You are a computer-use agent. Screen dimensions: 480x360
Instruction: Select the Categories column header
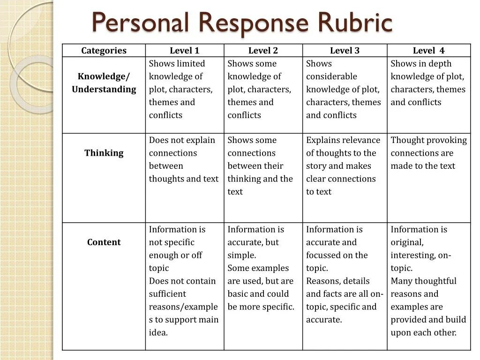tap(104, 51)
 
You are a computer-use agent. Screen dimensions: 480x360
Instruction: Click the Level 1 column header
tap(184, 51)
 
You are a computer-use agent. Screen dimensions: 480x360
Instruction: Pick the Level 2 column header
tap(263, 51)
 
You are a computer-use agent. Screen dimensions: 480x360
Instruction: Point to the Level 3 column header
tap(345, 51)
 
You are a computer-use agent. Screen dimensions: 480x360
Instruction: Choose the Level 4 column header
tap(428, 51)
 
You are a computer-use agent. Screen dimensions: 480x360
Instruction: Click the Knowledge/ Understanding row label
tap(104, 82)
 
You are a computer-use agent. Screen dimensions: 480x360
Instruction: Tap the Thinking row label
tap(104, 153)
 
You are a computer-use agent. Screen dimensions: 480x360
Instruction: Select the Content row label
tap(104, 242)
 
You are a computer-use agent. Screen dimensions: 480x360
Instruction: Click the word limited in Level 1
tap(191, 64)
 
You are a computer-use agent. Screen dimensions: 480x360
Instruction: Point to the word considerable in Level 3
tap(331, 76)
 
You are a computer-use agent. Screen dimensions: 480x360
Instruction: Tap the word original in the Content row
tap(406, 242)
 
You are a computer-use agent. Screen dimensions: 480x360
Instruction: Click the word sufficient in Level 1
tap(167, 294)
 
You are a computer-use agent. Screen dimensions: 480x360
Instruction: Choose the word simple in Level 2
tap(241, 255)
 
